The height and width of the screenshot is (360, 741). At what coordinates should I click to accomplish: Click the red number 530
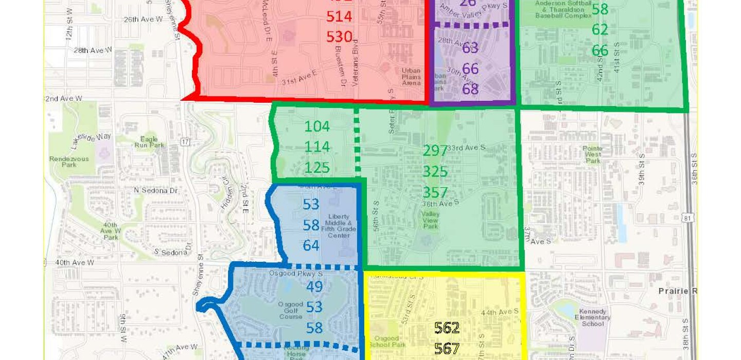click(339, 37)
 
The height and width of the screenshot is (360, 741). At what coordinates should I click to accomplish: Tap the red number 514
click(339, 16)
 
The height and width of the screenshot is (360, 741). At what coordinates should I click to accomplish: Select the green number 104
click(317, 127)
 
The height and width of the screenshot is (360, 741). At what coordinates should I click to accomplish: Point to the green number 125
click(317, 168)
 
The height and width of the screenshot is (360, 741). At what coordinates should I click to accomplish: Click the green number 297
click(435, 151)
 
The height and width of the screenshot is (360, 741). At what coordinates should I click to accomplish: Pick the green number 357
click(435, 192)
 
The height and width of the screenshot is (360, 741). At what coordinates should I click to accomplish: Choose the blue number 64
click(311, 245)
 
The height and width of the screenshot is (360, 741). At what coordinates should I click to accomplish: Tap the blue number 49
click(314, 286)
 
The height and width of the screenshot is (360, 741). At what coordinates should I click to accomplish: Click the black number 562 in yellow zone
click(447, 328)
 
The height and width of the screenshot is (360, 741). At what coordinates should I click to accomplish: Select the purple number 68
click(470, 89)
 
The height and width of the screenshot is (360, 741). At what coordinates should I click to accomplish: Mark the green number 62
click(600, 30)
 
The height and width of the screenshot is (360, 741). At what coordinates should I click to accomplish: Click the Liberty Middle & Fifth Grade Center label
click(339, 226)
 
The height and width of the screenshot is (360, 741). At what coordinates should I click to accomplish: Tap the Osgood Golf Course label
click(291, 310)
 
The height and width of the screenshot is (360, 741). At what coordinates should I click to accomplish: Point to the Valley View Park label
click(430, 220)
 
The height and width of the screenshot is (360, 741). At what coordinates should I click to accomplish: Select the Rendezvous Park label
click(69, 161)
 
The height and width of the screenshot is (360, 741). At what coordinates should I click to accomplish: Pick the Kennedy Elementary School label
click(593, 318)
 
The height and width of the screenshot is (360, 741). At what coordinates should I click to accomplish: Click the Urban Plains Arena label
click(411, 77)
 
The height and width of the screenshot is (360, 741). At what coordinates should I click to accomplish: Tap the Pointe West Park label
click(593, 154)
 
